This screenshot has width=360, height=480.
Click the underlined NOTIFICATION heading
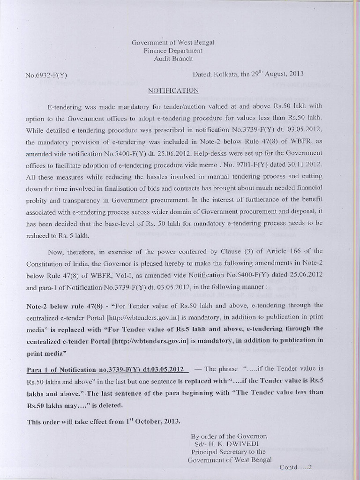(173, 90)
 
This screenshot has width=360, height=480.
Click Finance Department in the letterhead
(173, 51)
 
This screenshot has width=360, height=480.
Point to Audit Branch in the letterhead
(173, 59)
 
